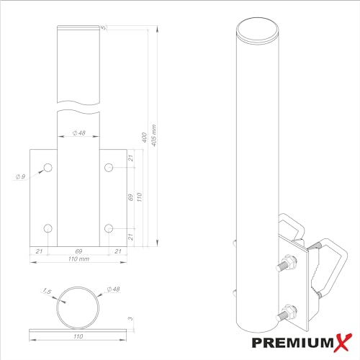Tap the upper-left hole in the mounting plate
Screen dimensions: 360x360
point(48,168)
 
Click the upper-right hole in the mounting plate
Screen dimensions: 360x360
point(108,168)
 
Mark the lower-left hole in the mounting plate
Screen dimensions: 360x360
point(48,228)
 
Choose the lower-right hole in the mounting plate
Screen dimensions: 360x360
point(108,228)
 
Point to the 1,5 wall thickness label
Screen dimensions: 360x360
point(48,292)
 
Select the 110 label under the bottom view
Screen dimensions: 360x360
point(78,336)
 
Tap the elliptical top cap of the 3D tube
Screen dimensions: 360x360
point(258,30)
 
